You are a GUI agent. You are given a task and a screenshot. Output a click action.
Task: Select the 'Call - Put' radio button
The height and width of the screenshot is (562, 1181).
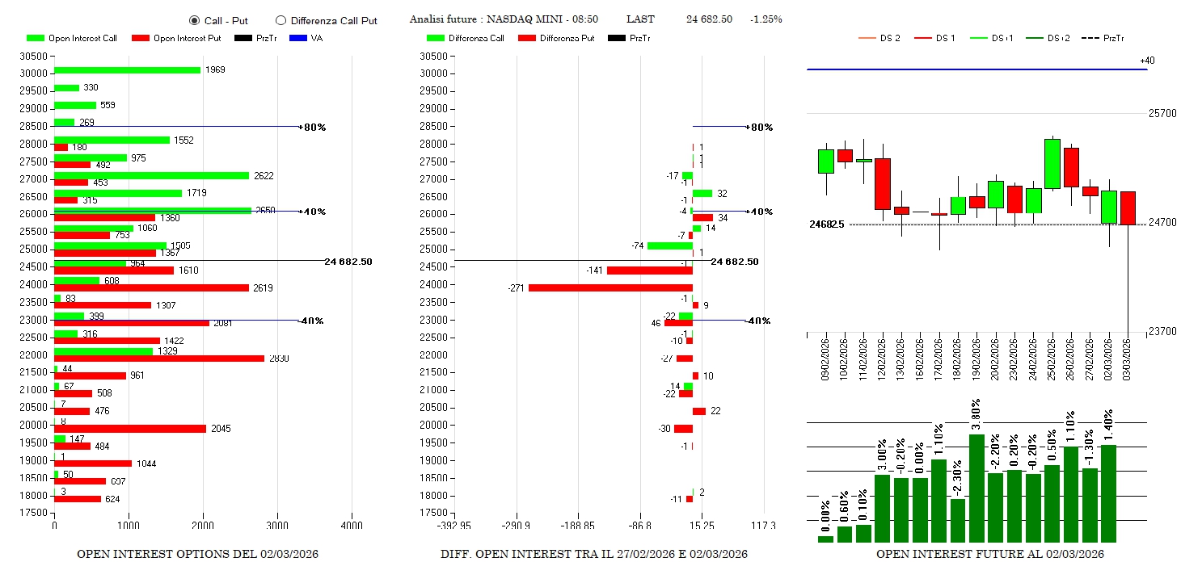194,20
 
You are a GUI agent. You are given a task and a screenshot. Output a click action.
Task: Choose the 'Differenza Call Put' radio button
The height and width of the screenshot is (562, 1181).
281,20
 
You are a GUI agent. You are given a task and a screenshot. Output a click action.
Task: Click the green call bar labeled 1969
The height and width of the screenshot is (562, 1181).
127,70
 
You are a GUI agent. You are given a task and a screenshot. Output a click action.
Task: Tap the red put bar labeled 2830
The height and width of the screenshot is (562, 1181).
159,358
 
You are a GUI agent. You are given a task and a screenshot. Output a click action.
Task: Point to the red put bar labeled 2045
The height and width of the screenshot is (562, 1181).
130,429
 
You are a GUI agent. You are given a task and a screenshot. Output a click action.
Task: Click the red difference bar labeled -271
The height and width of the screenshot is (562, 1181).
610,287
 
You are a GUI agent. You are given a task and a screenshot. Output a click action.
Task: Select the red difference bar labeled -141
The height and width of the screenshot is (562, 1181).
650,270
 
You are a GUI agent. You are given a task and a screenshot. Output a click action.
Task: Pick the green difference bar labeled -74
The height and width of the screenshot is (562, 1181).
670,245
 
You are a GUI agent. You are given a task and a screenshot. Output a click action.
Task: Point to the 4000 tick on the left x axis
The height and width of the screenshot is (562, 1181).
352,526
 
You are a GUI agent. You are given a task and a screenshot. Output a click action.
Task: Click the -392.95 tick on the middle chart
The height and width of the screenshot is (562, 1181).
455,526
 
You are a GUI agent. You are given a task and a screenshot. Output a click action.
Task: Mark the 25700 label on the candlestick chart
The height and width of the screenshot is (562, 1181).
1162,114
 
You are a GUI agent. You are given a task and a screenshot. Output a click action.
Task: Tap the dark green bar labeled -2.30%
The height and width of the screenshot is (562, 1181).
958,521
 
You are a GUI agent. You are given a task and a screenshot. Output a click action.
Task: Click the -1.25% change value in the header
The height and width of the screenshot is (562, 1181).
766,19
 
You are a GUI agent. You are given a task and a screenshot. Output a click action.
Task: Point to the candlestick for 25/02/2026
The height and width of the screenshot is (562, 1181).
1052,164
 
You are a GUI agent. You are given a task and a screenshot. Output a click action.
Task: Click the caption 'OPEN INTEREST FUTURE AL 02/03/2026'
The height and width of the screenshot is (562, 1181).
989,554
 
